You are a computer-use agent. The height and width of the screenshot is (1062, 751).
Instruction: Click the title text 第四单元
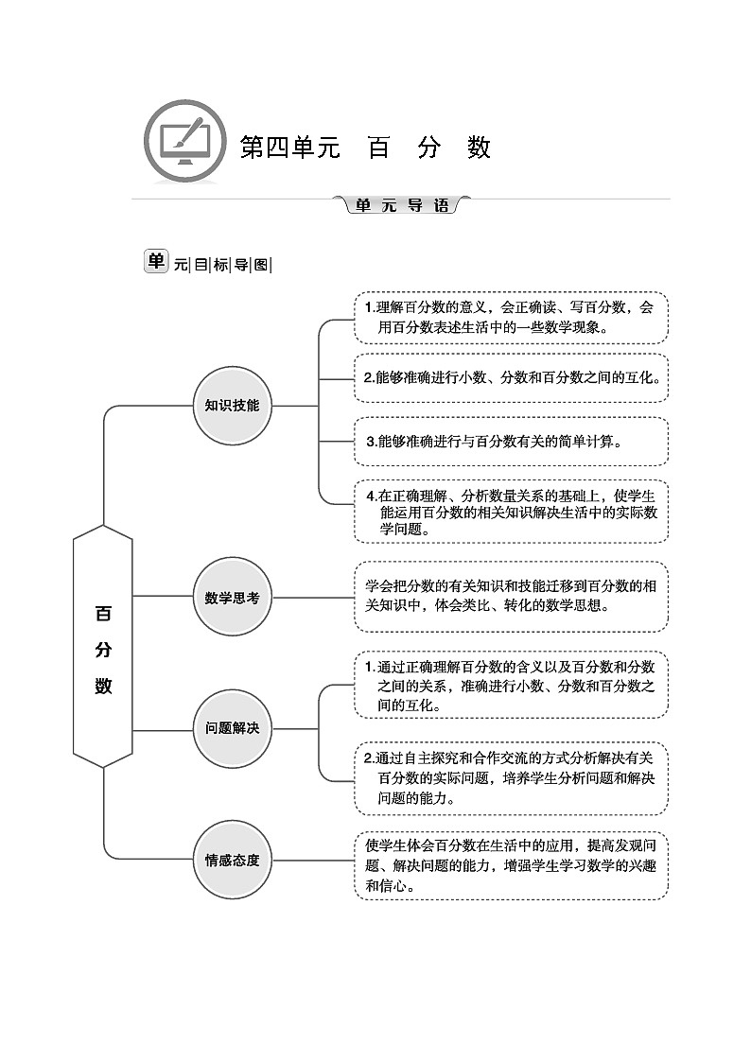coord(289,148)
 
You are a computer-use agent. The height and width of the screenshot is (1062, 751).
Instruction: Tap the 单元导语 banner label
coord(402,205)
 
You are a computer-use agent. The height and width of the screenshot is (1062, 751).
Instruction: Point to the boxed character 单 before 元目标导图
coord(155,262)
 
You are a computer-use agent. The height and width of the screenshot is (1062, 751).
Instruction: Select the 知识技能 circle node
coord(232,406)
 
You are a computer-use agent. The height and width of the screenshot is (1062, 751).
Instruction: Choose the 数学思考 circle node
coord(232,597)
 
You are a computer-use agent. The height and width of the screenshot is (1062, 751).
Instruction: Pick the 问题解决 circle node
coord(232,728)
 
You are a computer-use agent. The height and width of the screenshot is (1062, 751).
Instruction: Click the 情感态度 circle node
coord(232,860)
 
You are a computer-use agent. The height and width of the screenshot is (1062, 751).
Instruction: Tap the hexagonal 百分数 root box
coord(103,648)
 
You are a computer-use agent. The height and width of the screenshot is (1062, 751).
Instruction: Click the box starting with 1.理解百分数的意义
coord(511,318)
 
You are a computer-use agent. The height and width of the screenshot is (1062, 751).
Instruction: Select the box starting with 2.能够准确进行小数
coord(511,377)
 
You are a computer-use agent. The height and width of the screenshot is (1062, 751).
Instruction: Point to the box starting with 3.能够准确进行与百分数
coord(511,441)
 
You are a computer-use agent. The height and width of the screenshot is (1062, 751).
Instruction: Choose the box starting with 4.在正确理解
coord(511,512)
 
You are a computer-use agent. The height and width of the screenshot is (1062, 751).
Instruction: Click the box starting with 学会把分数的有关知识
coord(511,597)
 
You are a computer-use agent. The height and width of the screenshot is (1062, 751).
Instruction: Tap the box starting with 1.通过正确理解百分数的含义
coord(511,686)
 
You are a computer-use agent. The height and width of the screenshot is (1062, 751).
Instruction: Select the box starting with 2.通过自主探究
coord(511,777)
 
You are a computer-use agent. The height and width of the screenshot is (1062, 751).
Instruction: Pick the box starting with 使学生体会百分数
coord(511,865)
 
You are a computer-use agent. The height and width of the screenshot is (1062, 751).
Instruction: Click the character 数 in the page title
coord(479,148)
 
